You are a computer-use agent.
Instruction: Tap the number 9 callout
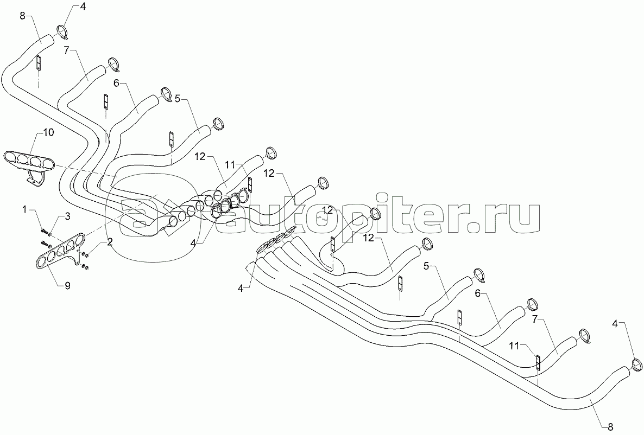point(67,286)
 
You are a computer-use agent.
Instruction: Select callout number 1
point(24,209)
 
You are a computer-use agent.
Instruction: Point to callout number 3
point(68,216)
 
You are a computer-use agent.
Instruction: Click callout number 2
point(110,242)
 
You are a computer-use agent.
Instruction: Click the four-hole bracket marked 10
point(30,160)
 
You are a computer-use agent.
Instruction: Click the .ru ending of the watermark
point(508,217)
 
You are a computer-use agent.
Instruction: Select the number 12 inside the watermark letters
point(327,210)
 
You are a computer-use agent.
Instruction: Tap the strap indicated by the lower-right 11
point(538,362)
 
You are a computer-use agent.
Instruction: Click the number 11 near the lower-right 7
point(514,344)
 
